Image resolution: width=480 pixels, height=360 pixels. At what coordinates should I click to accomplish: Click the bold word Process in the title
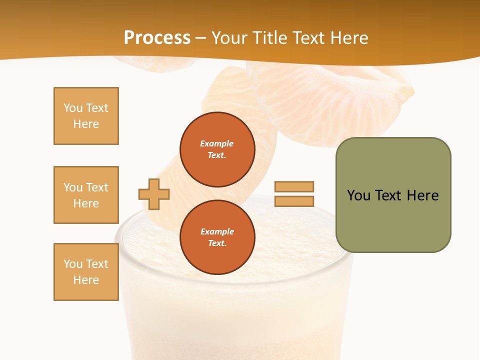pos(157,37)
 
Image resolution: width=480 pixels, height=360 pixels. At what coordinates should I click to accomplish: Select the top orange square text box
pos(86,116)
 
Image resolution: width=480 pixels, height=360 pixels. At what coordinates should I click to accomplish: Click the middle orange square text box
pos(86,195)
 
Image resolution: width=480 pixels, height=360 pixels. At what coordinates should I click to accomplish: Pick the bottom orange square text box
pos(86,272)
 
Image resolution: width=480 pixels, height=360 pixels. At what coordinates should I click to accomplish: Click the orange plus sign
pos(154,194)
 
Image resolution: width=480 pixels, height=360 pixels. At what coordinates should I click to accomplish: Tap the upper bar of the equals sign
pos(294,186)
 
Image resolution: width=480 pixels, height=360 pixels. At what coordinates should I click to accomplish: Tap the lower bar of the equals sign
pos(294,201)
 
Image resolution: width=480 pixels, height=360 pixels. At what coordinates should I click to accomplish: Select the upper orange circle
pos(217,149)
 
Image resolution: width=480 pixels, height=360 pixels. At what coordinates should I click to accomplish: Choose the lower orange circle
pos(217,237)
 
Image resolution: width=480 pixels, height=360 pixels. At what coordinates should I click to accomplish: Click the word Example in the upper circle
pos(217,143)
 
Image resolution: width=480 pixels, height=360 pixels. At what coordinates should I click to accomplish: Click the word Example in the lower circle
pos(217,231)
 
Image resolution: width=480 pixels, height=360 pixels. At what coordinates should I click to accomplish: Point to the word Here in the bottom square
pos(86,280)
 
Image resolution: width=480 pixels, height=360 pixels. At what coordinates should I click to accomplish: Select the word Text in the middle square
pos(97,187)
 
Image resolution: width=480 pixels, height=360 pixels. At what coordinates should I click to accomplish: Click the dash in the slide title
pos(201,38)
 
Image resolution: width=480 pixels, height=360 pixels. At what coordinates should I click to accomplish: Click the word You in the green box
pos(358,195)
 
